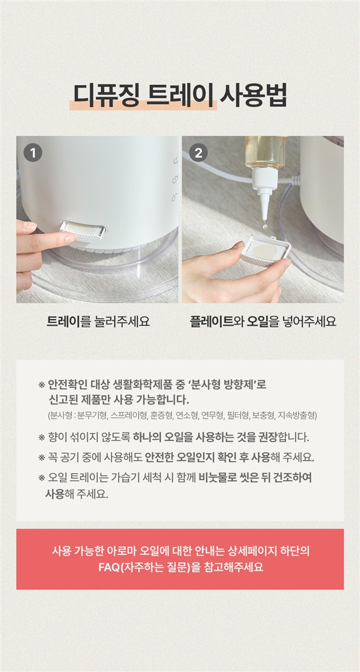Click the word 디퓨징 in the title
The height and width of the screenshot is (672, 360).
pos(106,95)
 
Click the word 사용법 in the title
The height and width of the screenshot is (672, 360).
pos(253,95)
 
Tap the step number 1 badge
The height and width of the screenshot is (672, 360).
pos(33,152)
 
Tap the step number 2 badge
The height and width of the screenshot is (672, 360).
pos(198,152)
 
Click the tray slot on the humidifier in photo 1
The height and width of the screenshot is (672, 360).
pos(84,230)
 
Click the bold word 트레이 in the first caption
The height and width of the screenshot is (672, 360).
pos(64,321)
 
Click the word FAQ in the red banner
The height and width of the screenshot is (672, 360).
pos(108,567)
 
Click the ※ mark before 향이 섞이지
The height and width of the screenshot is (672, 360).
pos(41,438)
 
